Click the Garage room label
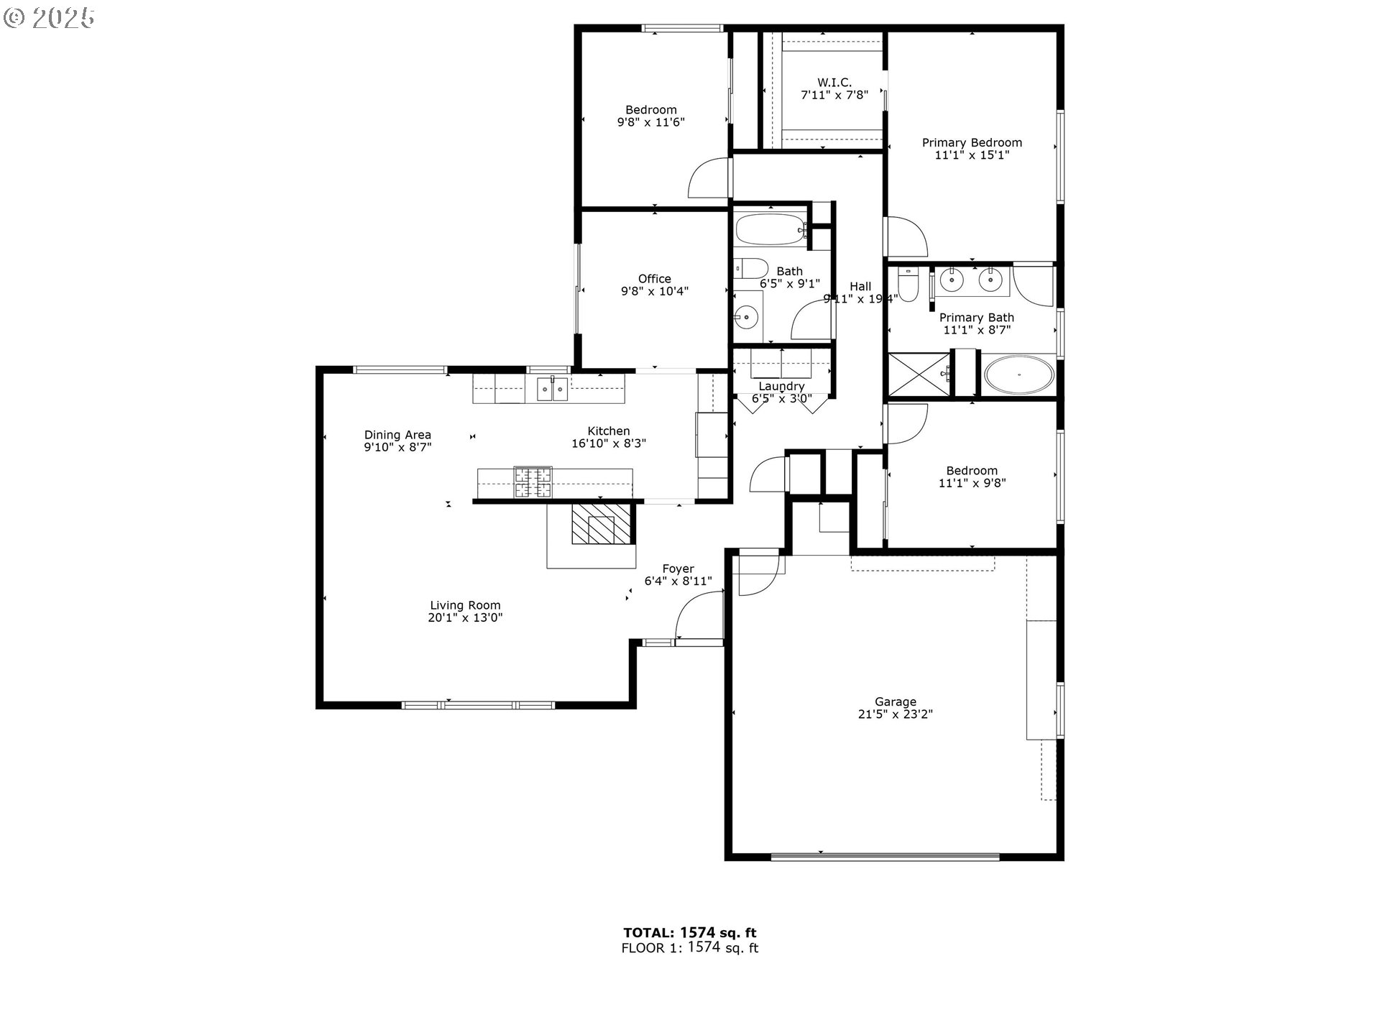tap(895, 701)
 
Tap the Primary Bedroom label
tap(972, 142)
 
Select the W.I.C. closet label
tap(834, 83)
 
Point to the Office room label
tap(654, 279)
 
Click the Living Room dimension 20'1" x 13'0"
tap(465, 617)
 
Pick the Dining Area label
tap(397, 435)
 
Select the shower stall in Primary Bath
tap(919, 374)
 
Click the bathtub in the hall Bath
tap(770, 229)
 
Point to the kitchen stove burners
tap(533, 482)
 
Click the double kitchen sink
tap(552, 390)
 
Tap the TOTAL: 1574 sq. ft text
tap(689, 933)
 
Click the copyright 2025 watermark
tap(49, 18)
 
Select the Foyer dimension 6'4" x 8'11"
tap(678, 581)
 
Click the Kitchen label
tap(608, 431)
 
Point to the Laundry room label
tap(781, 387)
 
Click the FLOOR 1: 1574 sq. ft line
tap(689, 948)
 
